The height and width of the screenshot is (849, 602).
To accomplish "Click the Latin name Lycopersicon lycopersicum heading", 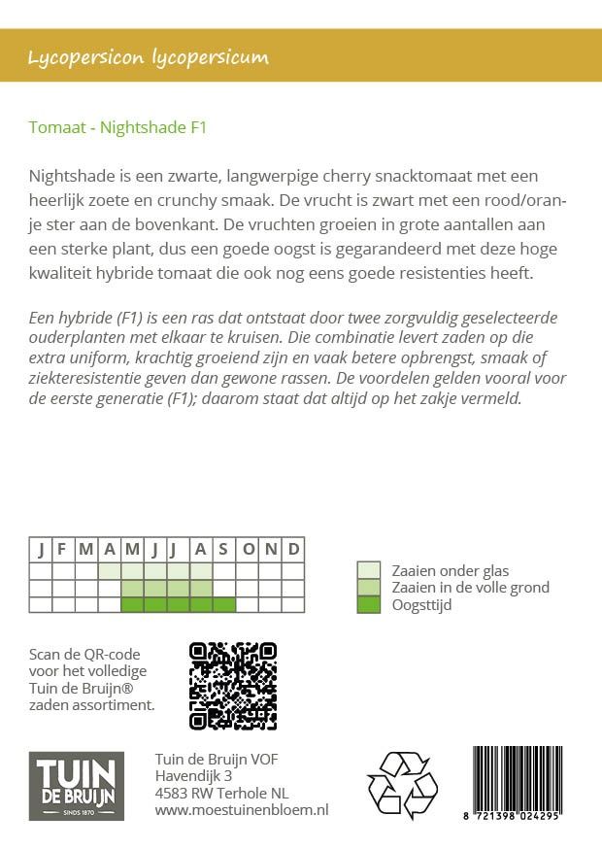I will pyautogui.click(x=149, y=57).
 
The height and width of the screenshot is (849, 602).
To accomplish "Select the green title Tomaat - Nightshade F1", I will pyautogui.click(x=117, y=126).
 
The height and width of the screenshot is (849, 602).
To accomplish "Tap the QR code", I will pyautogui.click(x=232, y=686).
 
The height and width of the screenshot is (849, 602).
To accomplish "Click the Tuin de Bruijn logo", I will pyautogui.click(x=76, y=785).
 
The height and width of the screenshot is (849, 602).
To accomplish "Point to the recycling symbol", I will pyautogui.click(x=402, y=785).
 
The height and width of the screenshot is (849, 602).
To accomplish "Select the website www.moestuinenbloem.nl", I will pyautogui.click(x=242, y=809).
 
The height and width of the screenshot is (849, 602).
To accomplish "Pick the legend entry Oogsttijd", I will pyautogui.click(x=420, y=605).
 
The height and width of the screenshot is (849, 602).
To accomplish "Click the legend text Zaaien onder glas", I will pyautogui.click(x=450, y=570).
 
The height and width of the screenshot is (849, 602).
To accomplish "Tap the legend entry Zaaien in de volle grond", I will pyautogui.click(x=470, y=588).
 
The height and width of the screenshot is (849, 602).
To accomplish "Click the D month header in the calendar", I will pyautogui.click(x=293, y=549).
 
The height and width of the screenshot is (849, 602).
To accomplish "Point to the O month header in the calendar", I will pyautogui.click(x=248, y=549).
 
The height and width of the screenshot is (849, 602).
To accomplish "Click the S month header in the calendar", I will pyautogui.click(x=224, y=549).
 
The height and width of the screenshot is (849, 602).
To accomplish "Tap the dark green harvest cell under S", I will pyautogui.click(x=224, y=604).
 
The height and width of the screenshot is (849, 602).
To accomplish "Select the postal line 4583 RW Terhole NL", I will pyautogui.click(x=221, y=792).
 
